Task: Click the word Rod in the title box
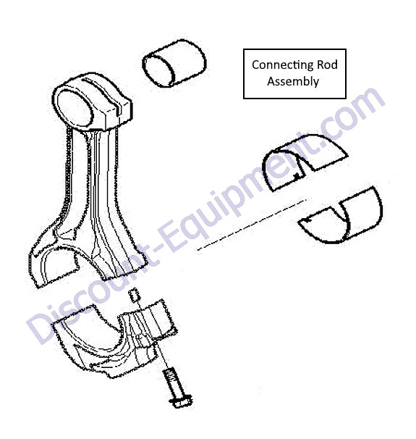[x=327, y=64]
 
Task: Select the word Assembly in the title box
[x=293, y=82]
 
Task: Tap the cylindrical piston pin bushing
[x=174, y=63]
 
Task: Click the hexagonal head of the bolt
[x=181, y=401]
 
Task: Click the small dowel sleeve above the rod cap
[x=134, y=295]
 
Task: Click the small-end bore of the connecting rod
[x=75, y=108]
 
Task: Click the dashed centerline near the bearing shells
[x=252, y=225]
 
